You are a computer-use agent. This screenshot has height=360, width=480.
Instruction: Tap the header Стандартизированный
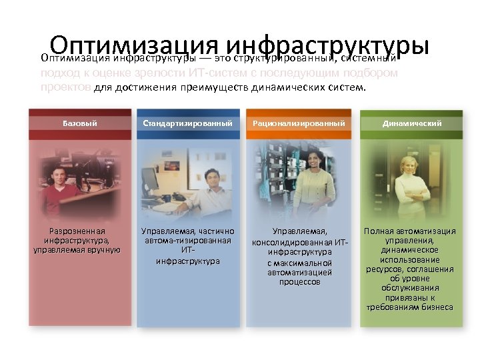(x=188, y=123)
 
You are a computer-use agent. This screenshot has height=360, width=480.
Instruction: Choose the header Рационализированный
(x=299, y=123)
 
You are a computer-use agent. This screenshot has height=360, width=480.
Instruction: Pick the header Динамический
(x=412, y=123)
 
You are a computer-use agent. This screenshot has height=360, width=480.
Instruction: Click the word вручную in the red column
(x=101, y=249)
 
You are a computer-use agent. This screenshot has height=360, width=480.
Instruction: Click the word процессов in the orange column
(x=300, y=282)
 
